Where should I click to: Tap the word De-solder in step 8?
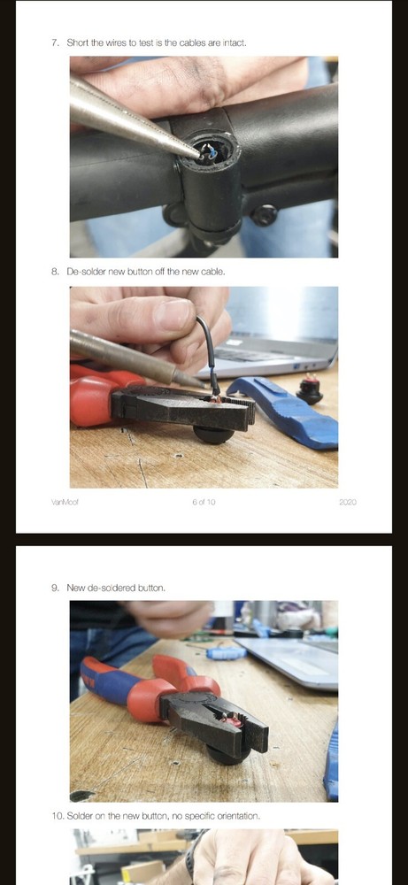(85, 272)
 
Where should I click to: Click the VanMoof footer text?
(65, 503)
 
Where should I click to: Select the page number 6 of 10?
(204, 503)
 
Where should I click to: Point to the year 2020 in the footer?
(346, 503)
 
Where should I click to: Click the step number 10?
(57, 815)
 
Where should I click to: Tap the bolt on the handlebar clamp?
(263, 213)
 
